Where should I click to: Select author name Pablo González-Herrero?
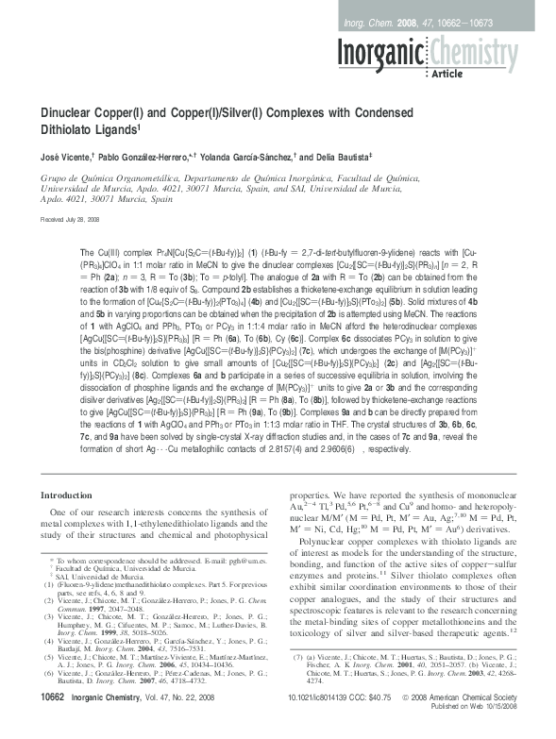(142, 152)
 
